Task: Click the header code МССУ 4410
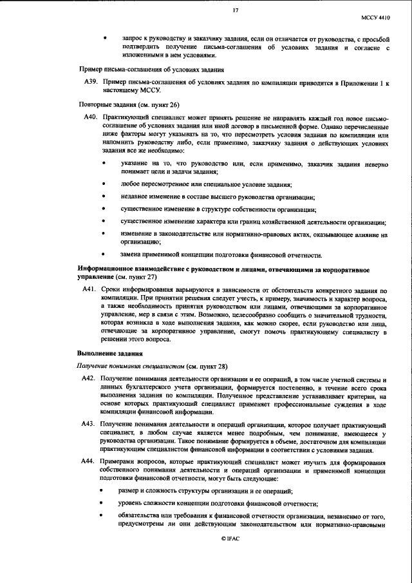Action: click(378, 19)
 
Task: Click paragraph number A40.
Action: click(89, 117)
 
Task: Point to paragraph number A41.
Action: click(89, 291)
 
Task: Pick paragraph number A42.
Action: click(89, 378)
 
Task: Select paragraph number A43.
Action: click(89, 427)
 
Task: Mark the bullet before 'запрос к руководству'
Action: click(104, 39)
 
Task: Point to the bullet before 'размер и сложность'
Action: click(104, 491)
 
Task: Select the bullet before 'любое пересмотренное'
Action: click(104, 184)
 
